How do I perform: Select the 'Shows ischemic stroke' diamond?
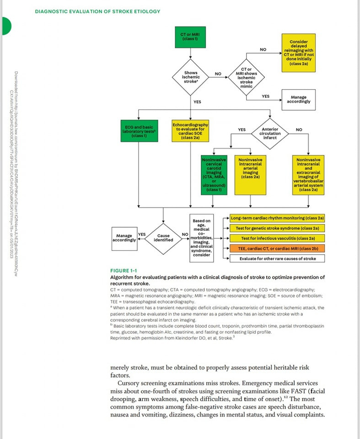click(191, 75)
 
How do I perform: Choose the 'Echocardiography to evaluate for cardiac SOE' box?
click(190, 130)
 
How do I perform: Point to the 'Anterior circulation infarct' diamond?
click(270, 133)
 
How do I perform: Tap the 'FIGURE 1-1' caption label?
click(124, 271)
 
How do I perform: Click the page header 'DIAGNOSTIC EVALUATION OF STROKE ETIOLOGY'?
click(97, 11)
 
